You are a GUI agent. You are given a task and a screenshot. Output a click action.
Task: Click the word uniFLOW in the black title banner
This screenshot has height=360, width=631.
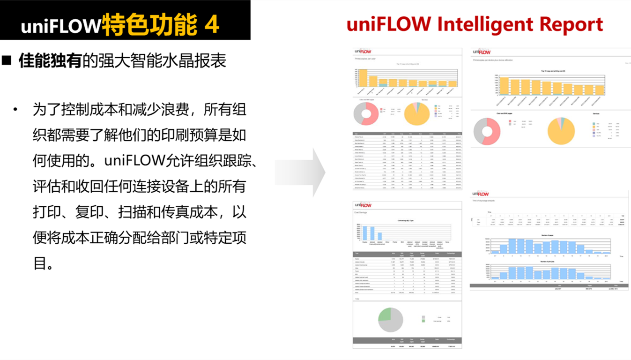[x=60, y=26]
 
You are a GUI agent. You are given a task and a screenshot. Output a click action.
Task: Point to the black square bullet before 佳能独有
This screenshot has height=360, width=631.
[x=7, y=61]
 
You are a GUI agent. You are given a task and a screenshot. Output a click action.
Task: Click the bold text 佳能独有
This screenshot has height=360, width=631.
[x=50, y=61]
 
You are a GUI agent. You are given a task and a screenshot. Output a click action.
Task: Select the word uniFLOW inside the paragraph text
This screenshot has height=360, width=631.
[x=134, y=161]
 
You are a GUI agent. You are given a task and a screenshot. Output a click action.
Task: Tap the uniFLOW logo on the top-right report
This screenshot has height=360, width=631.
[x=482, y=51]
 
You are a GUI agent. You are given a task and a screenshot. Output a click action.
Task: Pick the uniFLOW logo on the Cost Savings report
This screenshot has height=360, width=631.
[x=363, y=205]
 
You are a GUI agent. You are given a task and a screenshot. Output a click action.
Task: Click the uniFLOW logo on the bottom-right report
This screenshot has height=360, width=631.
[x=481, y=194]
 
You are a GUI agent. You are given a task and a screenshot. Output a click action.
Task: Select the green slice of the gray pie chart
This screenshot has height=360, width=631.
[x=385, y=315]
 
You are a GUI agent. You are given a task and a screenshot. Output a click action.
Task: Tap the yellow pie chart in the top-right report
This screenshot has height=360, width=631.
[x=561, y=131]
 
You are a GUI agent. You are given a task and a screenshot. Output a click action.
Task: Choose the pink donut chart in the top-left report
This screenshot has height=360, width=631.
[x=366, y=114]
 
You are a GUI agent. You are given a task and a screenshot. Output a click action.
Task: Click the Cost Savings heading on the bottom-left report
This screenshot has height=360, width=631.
[x=360, y=212]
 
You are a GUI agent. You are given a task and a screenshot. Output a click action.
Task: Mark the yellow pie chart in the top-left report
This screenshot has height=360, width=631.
[x=416, y=114]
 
